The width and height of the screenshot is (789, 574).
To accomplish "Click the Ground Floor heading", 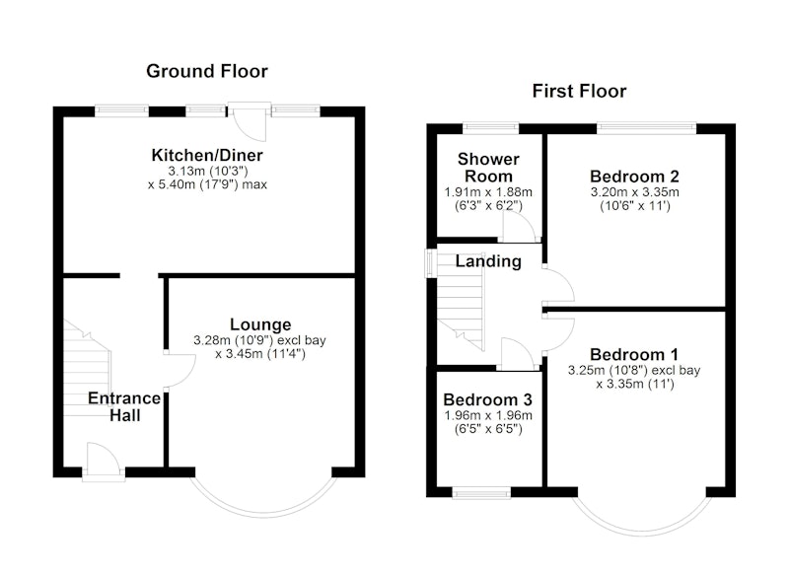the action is tap(207, 71).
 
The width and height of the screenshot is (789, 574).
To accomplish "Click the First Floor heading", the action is tap(579, 91).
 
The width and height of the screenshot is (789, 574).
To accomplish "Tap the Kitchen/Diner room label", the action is tap(207, 155).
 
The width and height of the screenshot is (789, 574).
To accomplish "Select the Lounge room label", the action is tap(260, 324).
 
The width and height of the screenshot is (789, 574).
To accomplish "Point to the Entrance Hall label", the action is tap(124, 406).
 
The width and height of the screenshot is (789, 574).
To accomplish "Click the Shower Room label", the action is tap(488, 168).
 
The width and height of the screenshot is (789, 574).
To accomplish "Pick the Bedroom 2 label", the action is tap(634, 177).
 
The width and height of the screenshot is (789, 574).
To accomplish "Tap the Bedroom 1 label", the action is tap(634, 355).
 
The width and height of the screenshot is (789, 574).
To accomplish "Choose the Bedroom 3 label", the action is tap(487, 400).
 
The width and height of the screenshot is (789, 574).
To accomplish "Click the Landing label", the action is tap(488, 261).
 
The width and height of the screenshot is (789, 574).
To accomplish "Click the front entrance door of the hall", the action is tap(104, 460).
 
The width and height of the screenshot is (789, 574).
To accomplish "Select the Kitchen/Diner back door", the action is tap(249, 122).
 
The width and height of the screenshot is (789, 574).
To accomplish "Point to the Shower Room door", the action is tap(520, 227).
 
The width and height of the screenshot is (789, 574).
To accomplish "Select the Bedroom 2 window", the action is tap(647, 128).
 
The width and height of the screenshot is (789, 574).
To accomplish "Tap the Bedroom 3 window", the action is tap(481, 492).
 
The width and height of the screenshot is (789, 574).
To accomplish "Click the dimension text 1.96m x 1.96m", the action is tap(488, 415).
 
